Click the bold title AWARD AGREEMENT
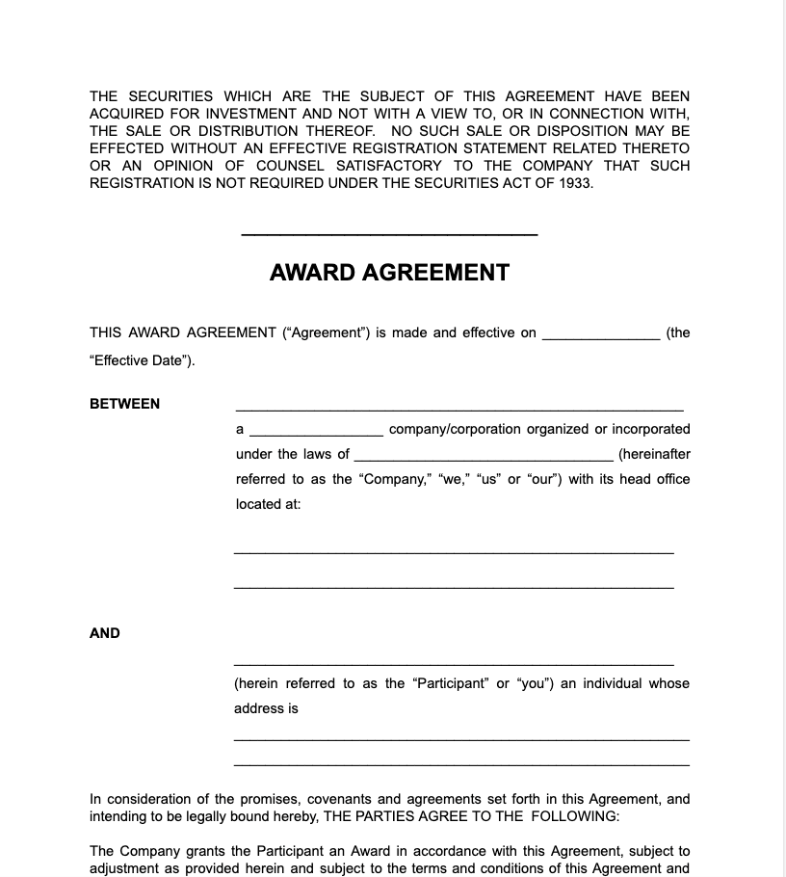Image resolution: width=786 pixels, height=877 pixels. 389,273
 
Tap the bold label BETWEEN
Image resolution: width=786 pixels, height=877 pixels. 125,404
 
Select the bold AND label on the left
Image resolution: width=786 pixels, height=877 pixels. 105,633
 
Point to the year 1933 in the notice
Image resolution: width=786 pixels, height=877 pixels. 575,183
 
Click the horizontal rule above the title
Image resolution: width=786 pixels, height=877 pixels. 389,234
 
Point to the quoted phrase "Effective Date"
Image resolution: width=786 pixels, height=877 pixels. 141,361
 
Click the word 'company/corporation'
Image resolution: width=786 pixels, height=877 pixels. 455,429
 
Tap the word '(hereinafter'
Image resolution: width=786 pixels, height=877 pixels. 654,454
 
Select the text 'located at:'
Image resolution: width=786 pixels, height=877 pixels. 269,504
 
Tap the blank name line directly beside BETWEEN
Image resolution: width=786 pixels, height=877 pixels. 459,410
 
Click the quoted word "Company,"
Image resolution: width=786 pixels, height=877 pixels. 396,479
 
